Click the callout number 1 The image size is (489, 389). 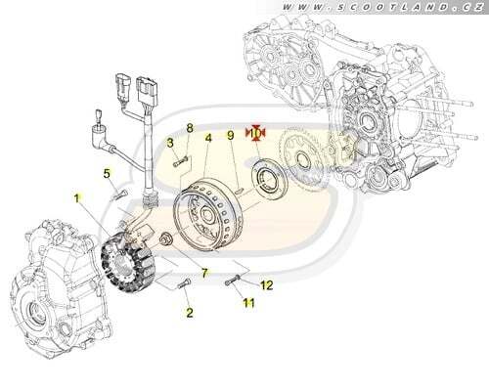(x=76, y=198)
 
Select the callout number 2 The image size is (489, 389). (x=190, y=313)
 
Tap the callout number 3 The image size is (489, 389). (x=170, y=143)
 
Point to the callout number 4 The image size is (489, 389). (x=208, y=138)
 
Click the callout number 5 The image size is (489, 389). (x=107, y=174)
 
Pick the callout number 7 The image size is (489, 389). (x=204, y=273)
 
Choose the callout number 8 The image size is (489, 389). (x=190, y=128)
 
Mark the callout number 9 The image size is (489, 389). (x=231, y=135)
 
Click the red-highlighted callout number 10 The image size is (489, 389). (x=256, y=133)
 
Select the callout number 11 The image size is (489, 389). (x=248, y=304)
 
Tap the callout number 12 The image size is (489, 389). (x=267, y=285)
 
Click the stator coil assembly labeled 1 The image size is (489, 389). (x=128, y=261)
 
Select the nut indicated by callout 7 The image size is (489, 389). (x=165, y=238)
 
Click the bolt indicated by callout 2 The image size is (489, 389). (x=184, y=283)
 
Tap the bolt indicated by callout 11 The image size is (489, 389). (x=233, y=281)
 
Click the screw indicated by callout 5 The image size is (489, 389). (x=119, y=194)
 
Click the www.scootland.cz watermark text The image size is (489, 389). (x=382, y=7)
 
